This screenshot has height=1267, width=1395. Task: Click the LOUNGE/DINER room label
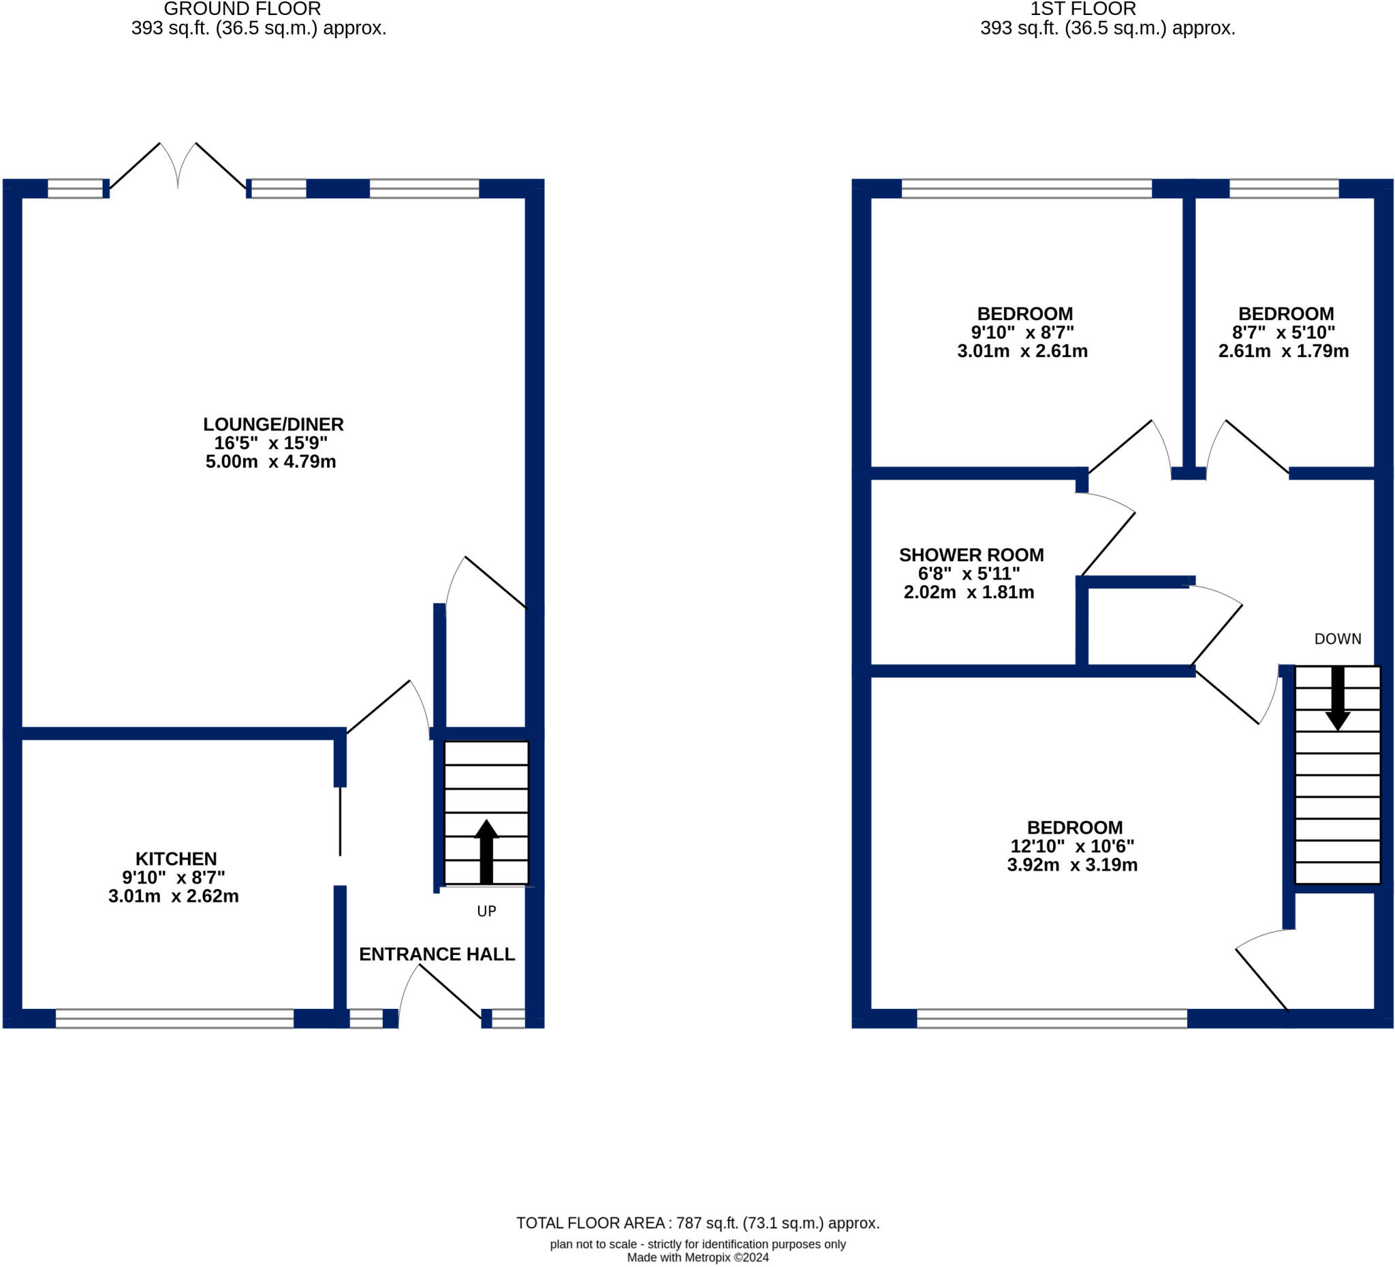click(x=273, y=424)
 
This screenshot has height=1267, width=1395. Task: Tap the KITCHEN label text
click(x=176, y=859)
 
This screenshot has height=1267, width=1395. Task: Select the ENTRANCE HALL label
click(x=437, y=954)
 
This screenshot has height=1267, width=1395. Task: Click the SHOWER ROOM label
click(x=971, y=555)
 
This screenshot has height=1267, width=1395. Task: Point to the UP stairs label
click(x=486, y=911)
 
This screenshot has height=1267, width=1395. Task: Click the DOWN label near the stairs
click(x=1338, y=639)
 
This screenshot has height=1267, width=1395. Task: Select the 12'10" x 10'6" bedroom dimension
click(x=1072, y=846)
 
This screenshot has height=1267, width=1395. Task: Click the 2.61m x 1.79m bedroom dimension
click(x=1283, y=351)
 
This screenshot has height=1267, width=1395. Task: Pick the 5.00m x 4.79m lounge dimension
click(x=270, y=462)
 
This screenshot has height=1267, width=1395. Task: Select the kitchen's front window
click(x=174, y=1018)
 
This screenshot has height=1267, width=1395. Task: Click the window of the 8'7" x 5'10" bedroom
click(x=1283, y=188)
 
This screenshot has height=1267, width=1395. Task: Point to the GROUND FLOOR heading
click(x=242, y=10)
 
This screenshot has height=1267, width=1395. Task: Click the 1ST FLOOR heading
click(x=1083, y=10)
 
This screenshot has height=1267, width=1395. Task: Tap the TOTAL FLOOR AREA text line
click(x=697, y=1223)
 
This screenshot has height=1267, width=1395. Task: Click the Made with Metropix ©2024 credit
click(x=697, y=1258)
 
